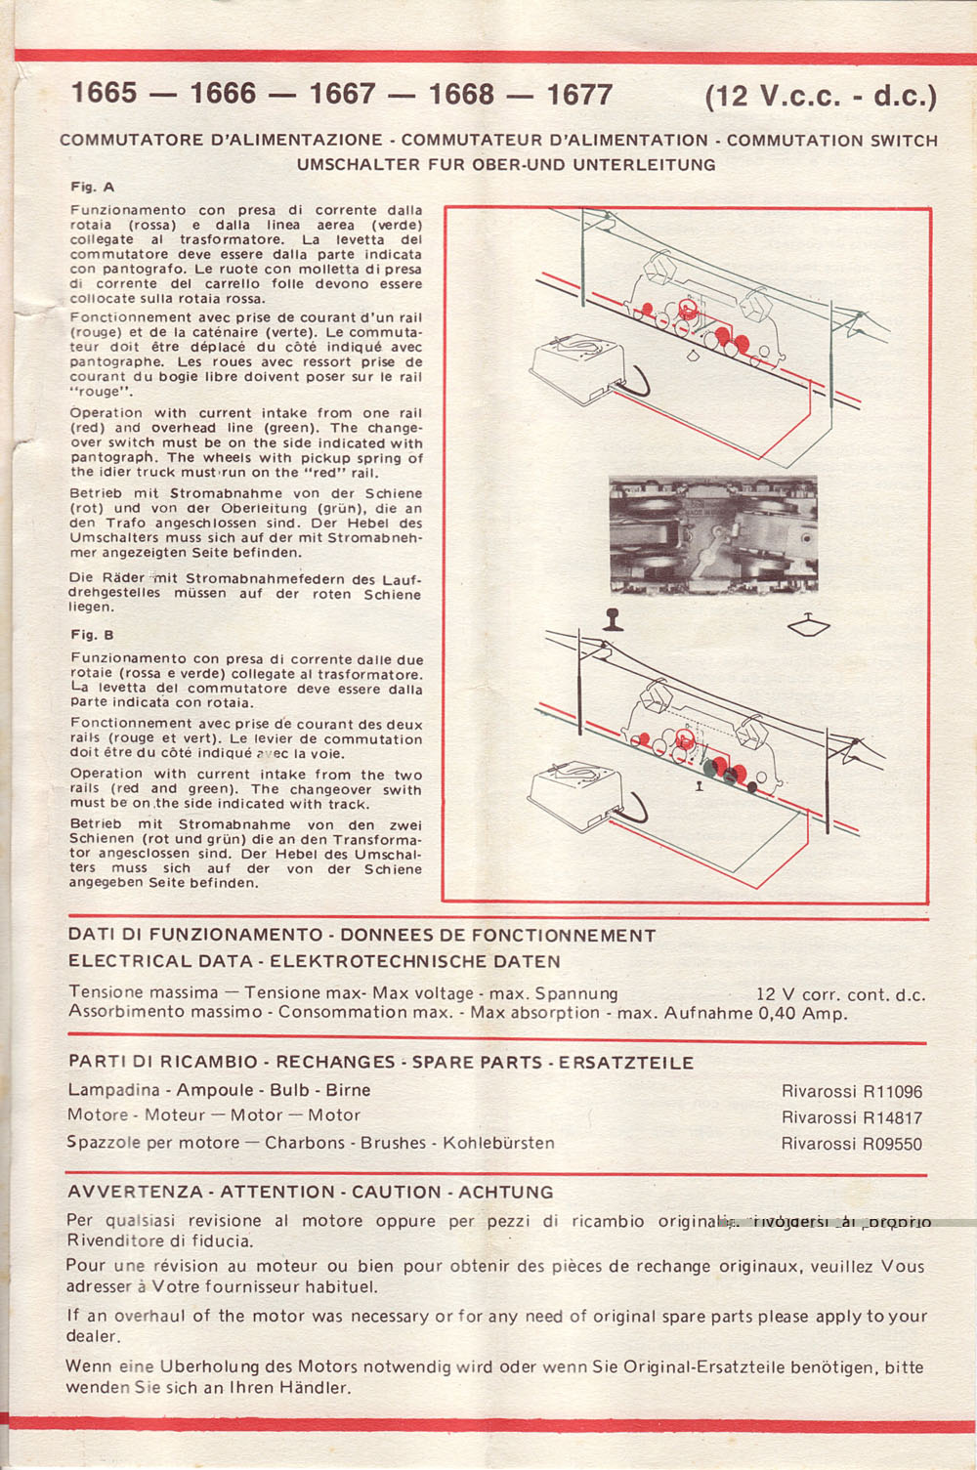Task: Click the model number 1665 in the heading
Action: [x=104, y=94]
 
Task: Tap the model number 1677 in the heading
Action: [x=579, y=95]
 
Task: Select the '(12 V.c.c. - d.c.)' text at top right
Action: [x=820, y=97]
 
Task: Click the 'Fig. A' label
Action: [x=93, y=186]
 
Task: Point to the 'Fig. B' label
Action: [x=93, y=635]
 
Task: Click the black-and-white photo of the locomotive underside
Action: [x=712, y=534]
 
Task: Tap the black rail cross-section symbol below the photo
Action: [x=614, y=619]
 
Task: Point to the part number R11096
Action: [x=890, y=1092]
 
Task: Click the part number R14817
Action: [x=890, y=1118]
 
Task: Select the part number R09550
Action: [x=890, y=1145]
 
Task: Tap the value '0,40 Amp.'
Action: [x=802, y=1014]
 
